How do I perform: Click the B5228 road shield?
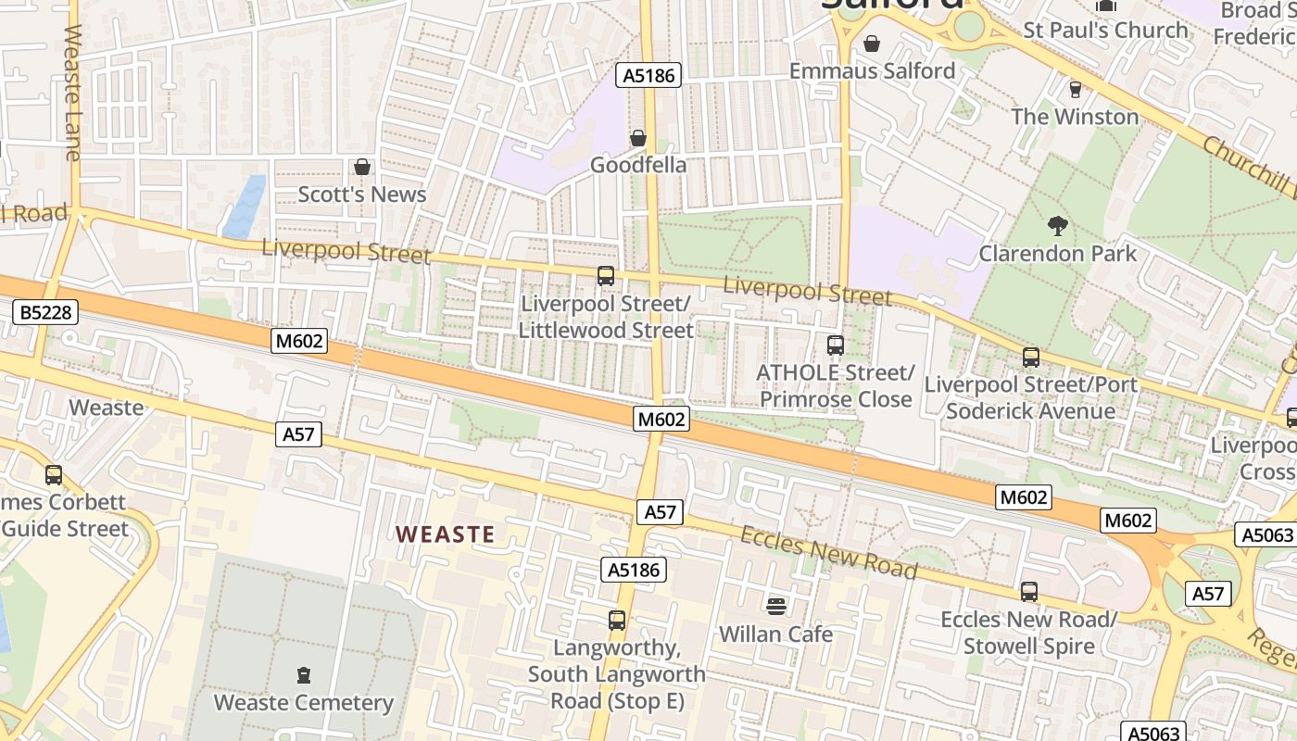(45, 312)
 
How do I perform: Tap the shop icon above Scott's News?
(362, 167)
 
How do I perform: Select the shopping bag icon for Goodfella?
(638, 138)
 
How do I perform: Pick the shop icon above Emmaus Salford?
(872, 43)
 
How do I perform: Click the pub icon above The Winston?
(1075, 89)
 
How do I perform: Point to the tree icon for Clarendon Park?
(1057, 225)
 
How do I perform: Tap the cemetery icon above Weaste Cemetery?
(304, 675)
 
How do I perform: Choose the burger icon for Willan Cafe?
(776, 607)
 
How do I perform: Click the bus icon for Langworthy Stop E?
(617, 621)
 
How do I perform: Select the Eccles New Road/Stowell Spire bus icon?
(1029, 592)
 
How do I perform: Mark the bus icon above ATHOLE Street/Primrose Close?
(836, 345)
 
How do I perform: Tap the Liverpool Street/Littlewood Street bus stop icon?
(606, 276)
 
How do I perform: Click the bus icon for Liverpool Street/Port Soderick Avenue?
(1031, 358)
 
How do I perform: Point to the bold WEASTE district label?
(446, 534)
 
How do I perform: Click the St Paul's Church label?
(1105, 31)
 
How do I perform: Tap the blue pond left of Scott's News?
(246, 207)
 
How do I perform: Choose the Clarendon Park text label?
(1058, 253)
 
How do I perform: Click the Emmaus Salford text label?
(872, 70)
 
